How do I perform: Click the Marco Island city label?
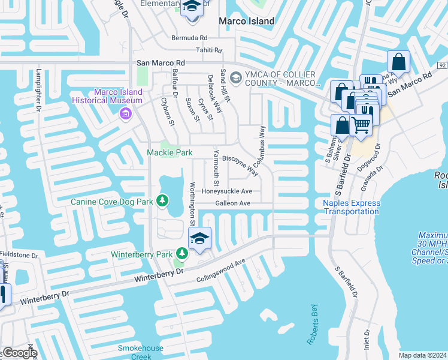[246, 21]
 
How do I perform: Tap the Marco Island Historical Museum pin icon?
[125, 114]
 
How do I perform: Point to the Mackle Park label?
[170, 153]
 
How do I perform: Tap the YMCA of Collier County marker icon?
[235, 77]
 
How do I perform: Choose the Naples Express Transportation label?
[352, 207]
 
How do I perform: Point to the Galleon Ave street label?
[233, 203]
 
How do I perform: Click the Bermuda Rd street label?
[191, 37]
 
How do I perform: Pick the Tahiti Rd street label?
[208, 50]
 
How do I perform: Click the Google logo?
[19, 353]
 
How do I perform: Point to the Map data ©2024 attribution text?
[423, 355]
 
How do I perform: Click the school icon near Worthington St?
[200, 238]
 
